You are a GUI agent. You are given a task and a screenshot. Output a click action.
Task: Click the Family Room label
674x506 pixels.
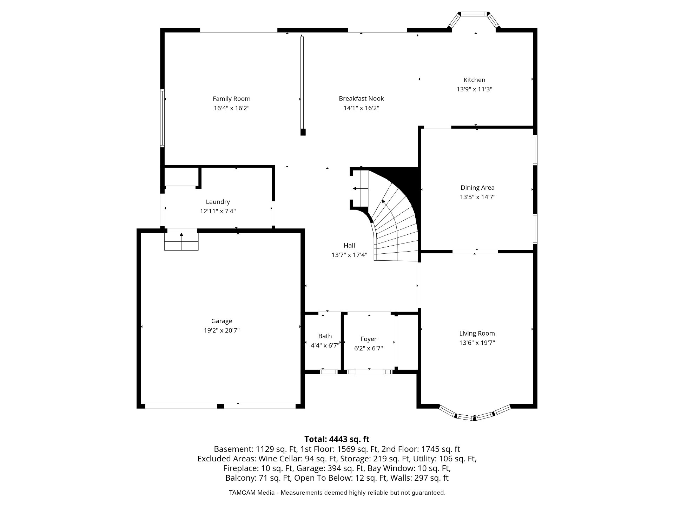pyautogui.click(x=231, y=99)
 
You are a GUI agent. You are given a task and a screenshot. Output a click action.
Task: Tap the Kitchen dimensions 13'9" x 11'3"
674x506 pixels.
pyautogui.click(x=474, y=89)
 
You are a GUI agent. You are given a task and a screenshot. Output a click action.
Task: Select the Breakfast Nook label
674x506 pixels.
pyautogui.click(x=361, y=98)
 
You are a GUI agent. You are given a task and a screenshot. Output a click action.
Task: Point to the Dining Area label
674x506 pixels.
pyautogui.click(x=477, y=188)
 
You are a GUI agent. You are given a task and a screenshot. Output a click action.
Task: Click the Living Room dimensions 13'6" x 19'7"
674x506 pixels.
pyautogui.click(x=477, y=343)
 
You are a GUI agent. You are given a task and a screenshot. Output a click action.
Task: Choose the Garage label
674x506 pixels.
pyautogui.click(x=222, y=321)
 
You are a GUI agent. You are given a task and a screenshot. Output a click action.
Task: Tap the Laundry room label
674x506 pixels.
pyautogui.click(x=218, y=202)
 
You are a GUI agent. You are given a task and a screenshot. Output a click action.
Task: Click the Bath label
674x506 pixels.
pyautogui.click(x=325, y=336)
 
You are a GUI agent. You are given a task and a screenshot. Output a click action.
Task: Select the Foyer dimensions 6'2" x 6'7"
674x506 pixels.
pyautogui.click(x=368, y=348)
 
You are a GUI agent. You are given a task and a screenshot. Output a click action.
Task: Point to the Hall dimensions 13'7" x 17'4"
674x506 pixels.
pyautogui.click(x=349, y=255)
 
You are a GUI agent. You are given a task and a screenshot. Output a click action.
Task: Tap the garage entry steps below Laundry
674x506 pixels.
pyautogui.click(x=181, y=241)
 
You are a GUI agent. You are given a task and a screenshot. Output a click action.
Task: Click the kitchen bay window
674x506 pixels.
pyautogui.click(x=474, y=20)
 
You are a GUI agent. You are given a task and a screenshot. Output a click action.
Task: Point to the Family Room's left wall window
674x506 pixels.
pyautogui.click(x=162, y=118)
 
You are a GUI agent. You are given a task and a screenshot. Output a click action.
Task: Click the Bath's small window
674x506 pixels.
pyautogui.click(x=329, y=371)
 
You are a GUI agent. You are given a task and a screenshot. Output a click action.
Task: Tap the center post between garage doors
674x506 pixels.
pyautogui.click(x=220, y=406)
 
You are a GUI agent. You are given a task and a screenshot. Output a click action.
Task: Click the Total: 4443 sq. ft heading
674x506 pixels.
pyautogui.click(x=337, y=439)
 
